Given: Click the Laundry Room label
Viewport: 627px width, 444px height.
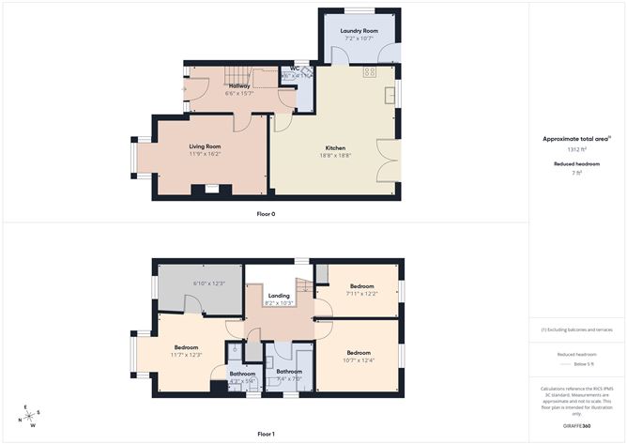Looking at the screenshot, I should [359, 31].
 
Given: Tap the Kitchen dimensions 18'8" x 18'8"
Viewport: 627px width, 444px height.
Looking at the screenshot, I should [335, 156].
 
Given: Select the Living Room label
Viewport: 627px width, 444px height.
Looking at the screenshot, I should [205, 146].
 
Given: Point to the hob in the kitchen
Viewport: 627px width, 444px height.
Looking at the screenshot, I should [370, 71].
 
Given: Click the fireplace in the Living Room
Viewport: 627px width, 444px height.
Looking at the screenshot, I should [211, 190].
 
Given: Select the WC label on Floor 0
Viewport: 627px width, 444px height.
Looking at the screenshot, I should [295, 69].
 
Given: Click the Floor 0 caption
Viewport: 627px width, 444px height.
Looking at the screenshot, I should [266, 214].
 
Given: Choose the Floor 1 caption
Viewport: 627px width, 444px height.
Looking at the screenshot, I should [266, 434].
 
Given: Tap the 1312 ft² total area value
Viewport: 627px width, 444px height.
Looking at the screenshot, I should [576, 149].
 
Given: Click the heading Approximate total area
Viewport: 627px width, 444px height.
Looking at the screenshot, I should [575, 138].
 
